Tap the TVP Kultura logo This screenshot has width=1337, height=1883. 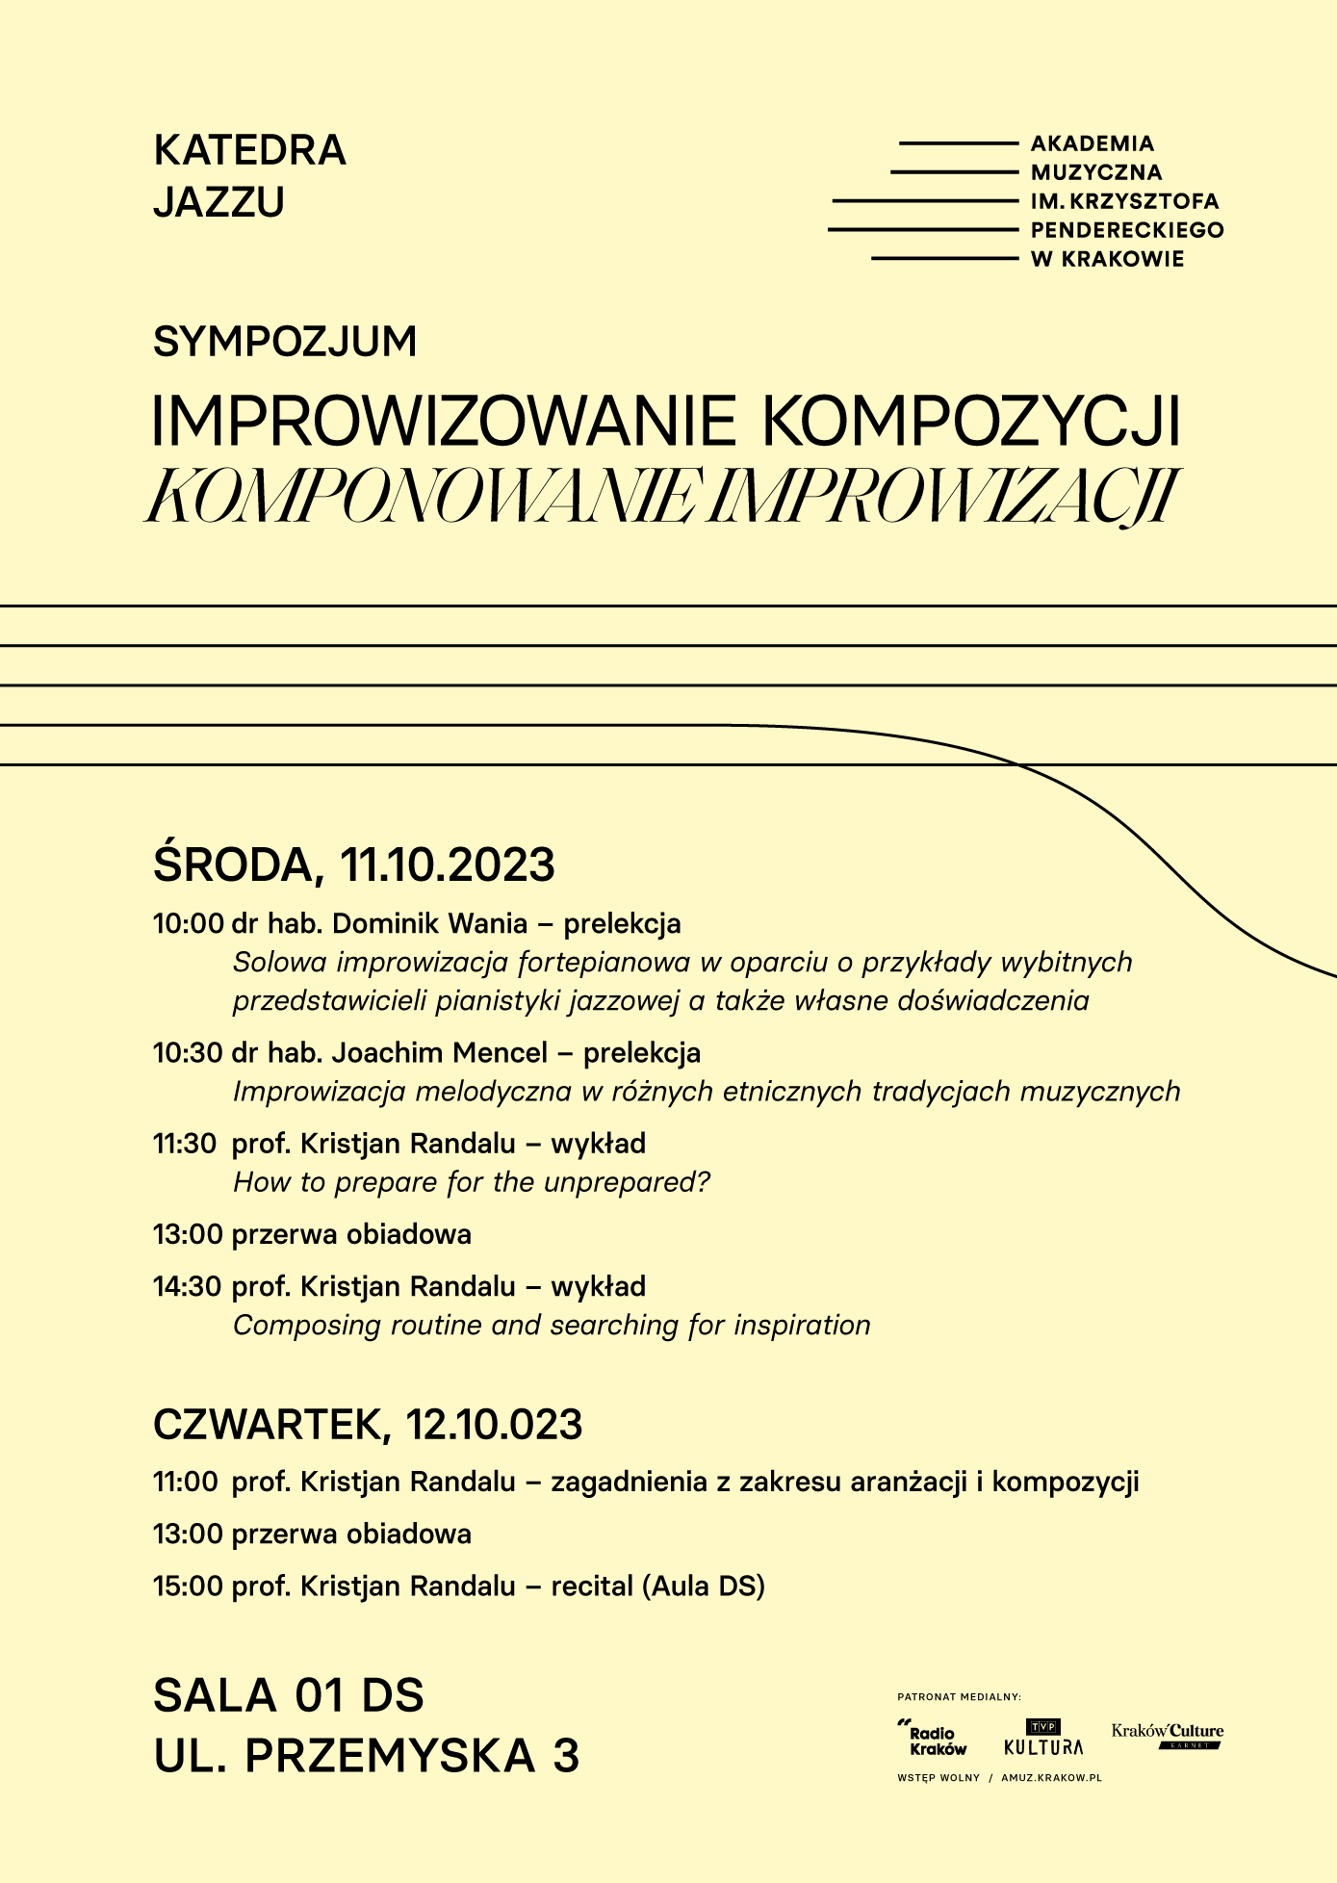(1042, 1738)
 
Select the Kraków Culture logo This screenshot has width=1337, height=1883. (1167, 1735)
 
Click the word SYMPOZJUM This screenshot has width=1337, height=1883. (285, 342)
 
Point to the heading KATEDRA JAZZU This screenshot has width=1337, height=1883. (249, 176)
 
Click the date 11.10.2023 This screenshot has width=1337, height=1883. (448, 864)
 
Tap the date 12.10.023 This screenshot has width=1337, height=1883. (494, 1425)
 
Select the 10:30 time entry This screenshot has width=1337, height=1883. (188, 1052)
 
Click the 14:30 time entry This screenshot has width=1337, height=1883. (188, 1286)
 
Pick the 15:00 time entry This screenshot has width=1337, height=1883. (188, 1586)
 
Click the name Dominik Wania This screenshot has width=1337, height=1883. (429, 923)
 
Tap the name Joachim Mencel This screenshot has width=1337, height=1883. (439, 1052)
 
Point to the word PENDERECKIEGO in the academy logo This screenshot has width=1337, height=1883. (1126, 230)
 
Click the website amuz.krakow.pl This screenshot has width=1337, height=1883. (1051, 1778)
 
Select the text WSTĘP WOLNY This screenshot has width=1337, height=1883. (938, 1778)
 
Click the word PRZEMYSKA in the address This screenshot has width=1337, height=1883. (390, 1755)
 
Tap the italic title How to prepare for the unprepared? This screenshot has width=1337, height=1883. (472, 1182)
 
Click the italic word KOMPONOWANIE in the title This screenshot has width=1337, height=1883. (422, 497)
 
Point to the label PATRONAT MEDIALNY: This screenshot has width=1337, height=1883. (959, 1697)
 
